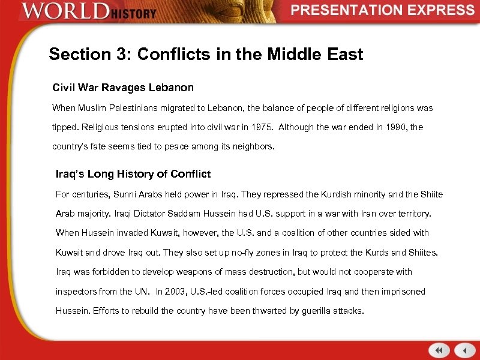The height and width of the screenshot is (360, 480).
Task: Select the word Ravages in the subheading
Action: (x=122, y=88)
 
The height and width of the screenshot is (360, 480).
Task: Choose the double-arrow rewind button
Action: (x=439, y=350)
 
